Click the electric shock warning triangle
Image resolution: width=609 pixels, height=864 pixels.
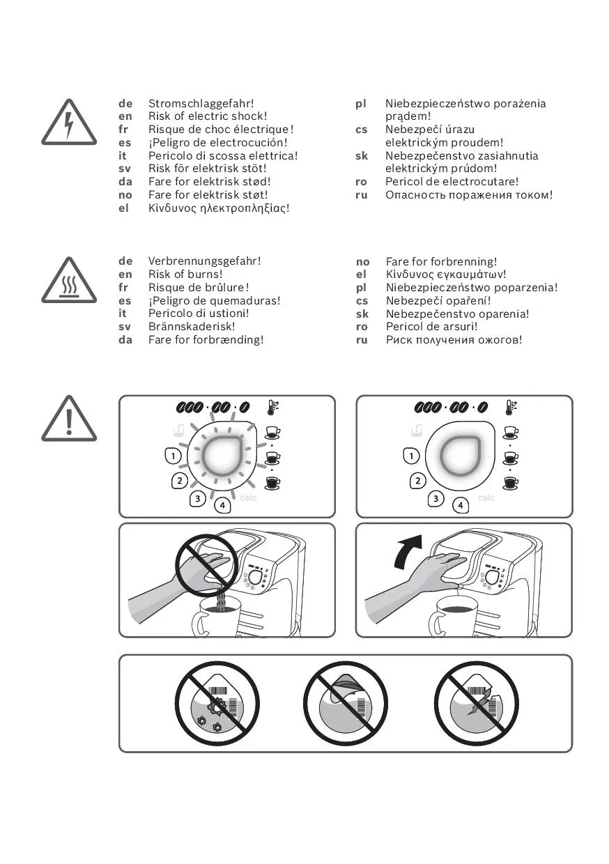point(69,123)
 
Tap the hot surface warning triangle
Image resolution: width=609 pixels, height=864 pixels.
point(69,281)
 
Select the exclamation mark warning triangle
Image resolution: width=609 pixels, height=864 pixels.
point(69,419)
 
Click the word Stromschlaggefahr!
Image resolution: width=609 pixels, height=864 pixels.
point(201,104)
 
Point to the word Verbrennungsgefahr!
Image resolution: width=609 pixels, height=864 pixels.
point(204,261)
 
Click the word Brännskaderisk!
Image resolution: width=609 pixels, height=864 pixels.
point(192,326)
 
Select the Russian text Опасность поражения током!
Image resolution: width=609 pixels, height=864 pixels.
point(469,195)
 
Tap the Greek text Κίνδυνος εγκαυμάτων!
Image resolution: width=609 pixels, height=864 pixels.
point(446,275)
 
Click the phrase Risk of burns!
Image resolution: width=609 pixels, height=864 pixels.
point(185,275)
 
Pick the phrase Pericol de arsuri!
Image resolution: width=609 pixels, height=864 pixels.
point(431,327)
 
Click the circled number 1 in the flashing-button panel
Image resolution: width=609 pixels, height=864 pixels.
point(174,456)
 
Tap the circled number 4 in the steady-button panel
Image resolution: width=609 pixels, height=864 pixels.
point(461,505)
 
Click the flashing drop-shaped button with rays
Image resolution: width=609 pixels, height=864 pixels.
point(222,456)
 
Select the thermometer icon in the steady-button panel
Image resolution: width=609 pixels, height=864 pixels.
point(511,408)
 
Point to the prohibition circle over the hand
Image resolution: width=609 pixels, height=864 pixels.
point(206,566)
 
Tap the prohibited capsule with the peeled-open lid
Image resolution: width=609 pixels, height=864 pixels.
point(345,705)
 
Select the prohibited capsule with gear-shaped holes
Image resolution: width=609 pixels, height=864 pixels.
point(217,705)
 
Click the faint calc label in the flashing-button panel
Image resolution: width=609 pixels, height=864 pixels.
point(248,497)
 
